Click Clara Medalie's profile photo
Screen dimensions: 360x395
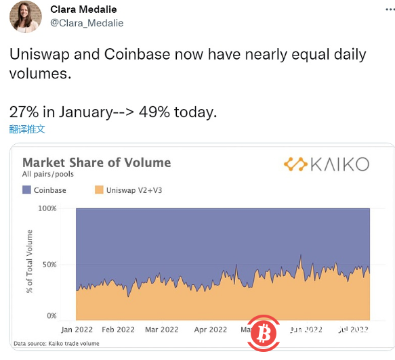pos(25,17)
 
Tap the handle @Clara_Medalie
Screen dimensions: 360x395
pos(87,23)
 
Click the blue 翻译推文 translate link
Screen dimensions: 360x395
pos(28,129)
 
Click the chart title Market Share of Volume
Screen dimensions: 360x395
pos(96,162)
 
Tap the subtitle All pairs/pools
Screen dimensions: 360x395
pos(48,175)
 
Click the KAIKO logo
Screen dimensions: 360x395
pos(327,164)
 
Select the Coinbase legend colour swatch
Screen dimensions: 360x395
pos(27,190)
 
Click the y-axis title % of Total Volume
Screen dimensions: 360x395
pos(30,262)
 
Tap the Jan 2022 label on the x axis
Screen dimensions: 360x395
pos(75,330)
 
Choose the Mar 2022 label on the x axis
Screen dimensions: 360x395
pos(162,330)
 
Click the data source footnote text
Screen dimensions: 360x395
pos(56,344)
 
